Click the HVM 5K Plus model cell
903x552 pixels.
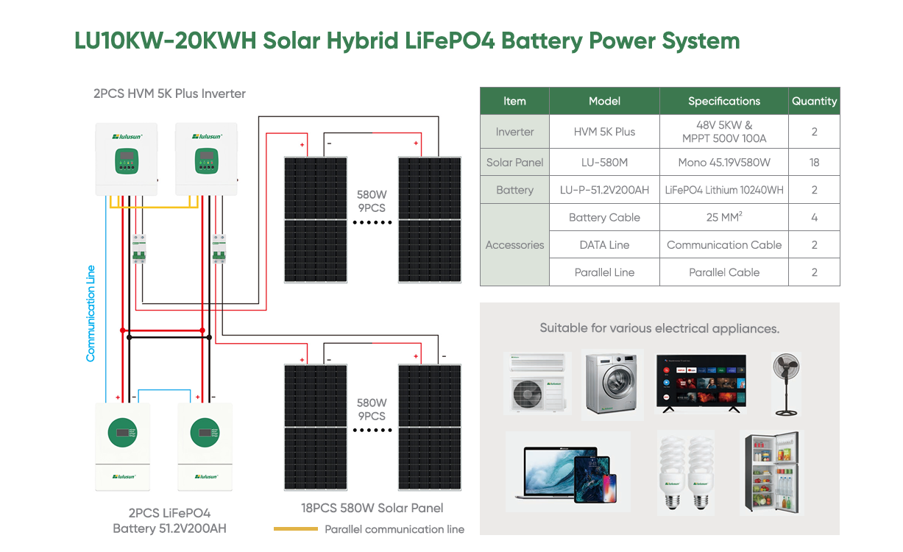604,132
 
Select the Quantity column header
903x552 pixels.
814,101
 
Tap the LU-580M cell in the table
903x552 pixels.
604,162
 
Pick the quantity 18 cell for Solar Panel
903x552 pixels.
814,162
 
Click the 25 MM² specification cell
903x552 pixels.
723,217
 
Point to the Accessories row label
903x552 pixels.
514,245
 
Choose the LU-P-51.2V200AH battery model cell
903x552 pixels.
604,190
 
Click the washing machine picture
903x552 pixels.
612,383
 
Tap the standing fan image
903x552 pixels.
785,383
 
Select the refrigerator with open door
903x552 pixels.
772,472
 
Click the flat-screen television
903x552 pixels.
701,383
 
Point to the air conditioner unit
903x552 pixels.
537,383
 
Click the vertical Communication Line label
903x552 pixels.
91,313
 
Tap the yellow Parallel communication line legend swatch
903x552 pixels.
295,528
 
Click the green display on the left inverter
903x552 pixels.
127,160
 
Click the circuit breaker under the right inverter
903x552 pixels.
219,248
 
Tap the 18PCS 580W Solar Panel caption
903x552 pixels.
372,508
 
